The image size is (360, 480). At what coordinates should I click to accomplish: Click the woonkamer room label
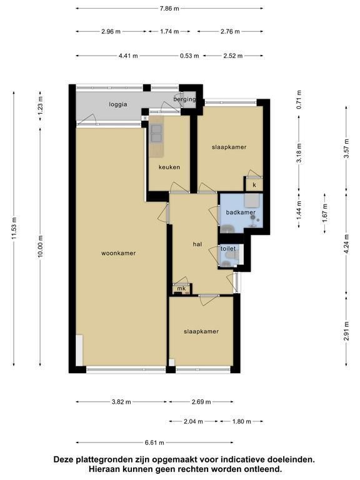[119, 253]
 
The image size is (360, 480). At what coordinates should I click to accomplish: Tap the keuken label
[169, 167]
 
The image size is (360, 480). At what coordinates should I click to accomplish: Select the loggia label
[118, 104]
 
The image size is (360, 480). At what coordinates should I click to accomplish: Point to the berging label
[184, 99]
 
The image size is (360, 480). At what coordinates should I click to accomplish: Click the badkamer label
[241, 212]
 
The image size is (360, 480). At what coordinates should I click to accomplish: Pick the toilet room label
[228, 249]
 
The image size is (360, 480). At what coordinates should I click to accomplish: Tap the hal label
[197, 244]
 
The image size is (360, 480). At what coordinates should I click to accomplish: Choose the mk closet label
[181, 288]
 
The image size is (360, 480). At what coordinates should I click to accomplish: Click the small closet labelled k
[254, 185]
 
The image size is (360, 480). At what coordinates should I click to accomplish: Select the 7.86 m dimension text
[169, 9]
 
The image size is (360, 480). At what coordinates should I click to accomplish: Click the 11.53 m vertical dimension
[14, 229]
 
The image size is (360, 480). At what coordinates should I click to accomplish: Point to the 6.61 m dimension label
[154, 442]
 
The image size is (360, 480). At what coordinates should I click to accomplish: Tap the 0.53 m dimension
[190, 56]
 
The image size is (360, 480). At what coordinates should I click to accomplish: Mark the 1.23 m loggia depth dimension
[40, 106]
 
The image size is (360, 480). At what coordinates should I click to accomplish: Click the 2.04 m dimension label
[194, 421]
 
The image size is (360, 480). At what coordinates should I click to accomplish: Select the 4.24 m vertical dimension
[346, 244]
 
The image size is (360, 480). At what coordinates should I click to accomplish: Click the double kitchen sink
[156, 134]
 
